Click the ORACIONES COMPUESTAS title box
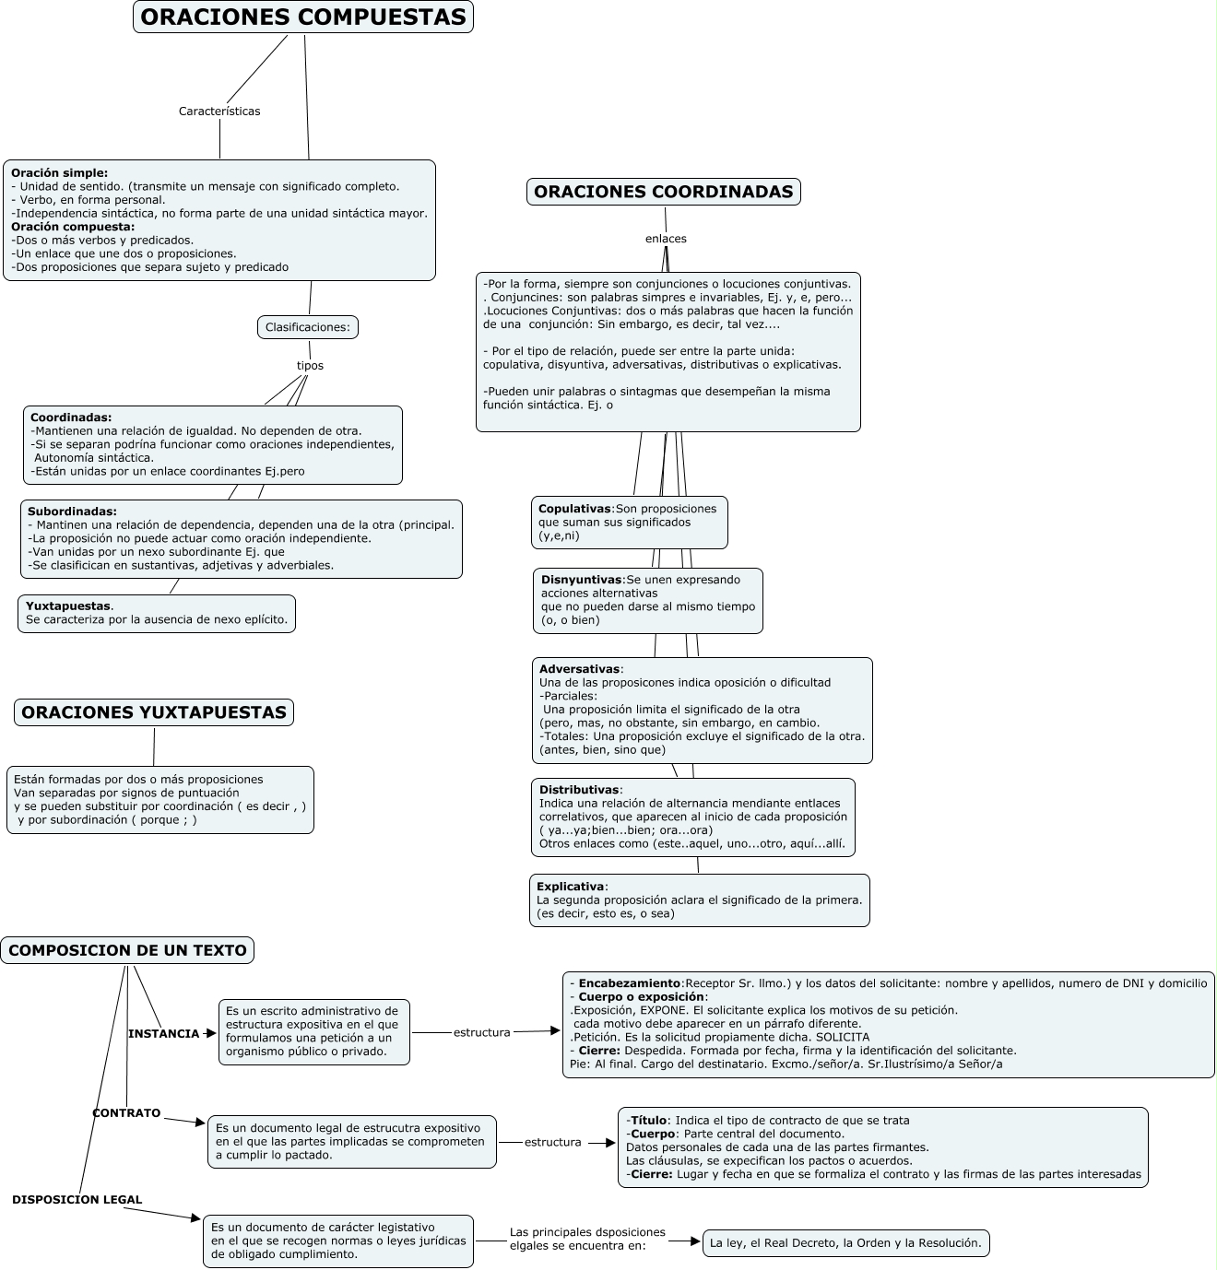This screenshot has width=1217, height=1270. click(302, 18)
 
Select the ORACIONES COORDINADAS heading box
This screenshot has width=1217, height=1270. click(663, 192)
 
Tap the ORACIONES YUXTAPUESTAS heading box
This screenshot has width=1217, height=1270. click(154, 712)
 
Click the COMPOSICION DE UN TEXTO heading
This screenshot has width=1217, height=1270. click(127, 951)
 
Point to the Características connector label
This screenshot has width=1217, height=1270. click(219, 112)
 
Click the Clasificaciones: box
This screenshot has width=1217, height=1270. click(307, 327)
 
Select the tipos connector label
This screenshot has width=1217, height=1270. click(310, 366)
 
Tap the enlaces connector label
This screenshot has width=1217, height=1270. click(666, 239)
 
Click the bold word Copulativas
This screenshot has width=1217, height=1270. click(574, 509)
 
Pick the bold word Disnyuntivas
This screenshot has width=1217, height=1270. click(581, 580)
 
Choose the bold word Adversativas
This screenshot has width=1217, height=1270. click(579, 669)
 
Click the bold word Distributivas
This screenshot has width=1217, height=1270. click(579, 790)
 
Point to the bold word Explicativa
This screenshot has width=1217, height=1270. click(570, 887)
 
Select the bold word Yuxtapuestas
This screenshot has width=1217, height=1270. click(68, 606)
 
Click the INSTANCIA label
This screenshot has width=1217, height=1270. click(163, 1034)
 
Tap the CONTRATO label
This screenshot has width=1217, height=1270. click(126, 1113)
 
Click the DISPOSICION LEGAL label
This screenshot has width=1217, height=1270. click(77, 1200)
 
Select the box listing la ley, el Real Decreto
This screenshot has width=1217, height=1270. click(845, 1243)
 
